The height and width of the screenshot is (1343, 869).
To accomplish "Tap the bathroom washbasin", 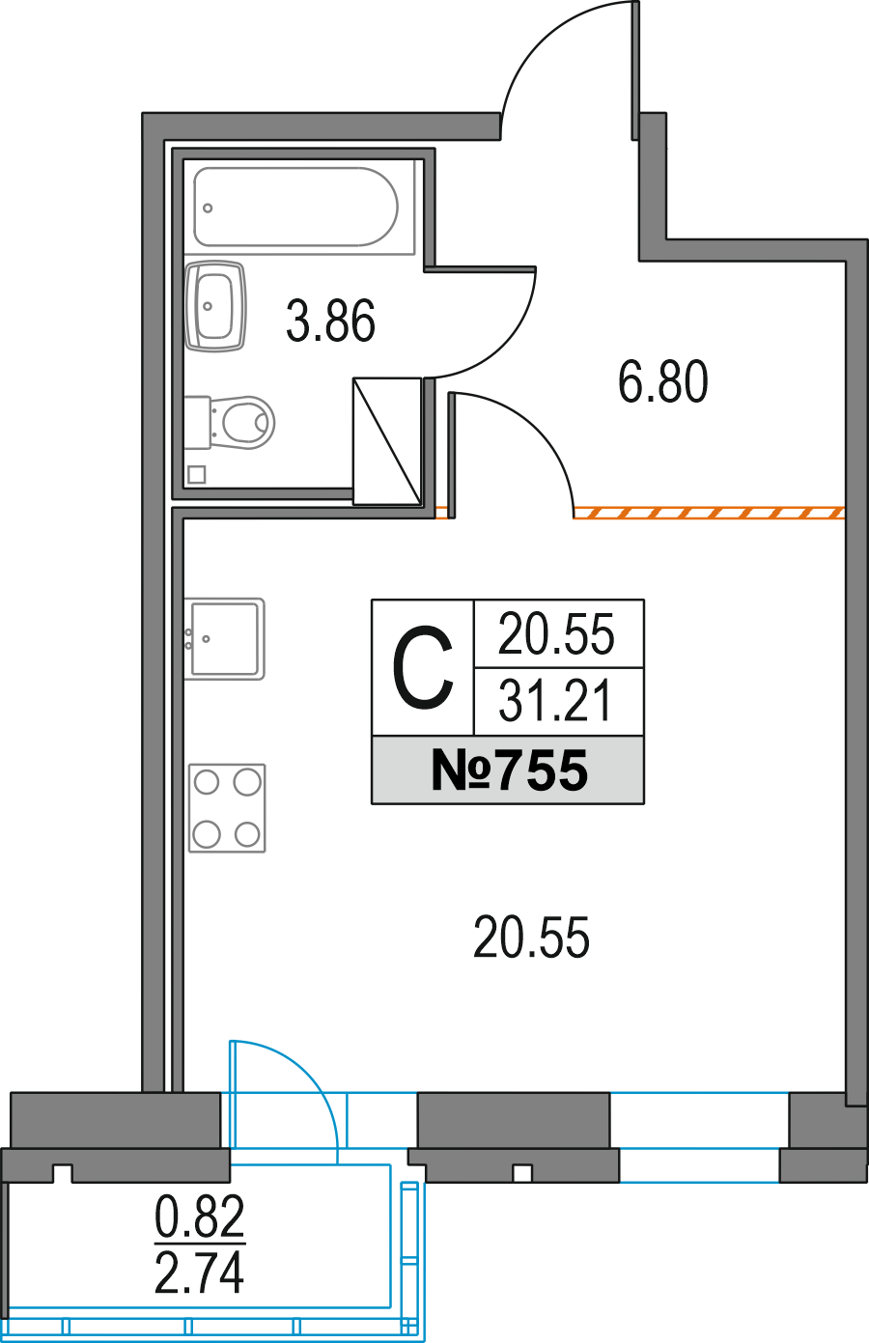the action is coord(215,306).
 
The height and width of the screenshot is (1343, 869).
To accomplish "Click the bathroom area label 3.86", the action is coord(330,321).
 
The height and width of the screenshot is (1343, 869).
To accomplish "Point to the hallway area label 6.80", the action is coord(662,381).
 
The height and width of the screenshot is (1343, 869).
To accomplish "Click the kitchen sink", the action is coord(224,638).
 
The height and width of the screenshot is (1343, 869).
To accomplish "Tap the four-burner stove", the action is coord(227,807).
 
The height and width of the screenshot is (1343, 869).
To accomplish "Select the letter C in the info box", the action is coord(422,667).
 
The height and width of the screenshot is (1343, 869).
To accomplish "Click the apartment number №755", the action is coord(509,770).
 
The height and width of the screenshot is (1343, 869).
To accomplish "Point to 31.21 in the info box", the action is coord(555,700).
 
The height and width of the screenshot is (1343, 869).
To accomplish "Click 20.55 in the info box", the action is coord(556,633).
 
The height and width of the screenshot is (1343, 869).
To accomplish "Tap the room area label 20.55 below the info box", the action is coord(531,937).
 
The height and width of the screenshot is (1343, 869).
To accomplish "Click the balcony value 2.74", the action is coord(199,1273).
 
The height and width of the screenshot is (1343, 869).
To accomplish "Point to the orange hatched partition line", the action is coord(709,513).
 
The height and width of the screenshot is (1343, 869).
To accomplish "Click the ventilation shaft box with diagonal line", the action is coord(387,440).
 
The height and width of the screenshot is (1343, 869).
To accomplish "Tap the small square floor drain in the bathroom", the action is coord(197,475).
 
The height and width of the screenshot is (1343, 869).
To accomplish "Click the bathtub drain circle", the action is coord(208,208).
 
